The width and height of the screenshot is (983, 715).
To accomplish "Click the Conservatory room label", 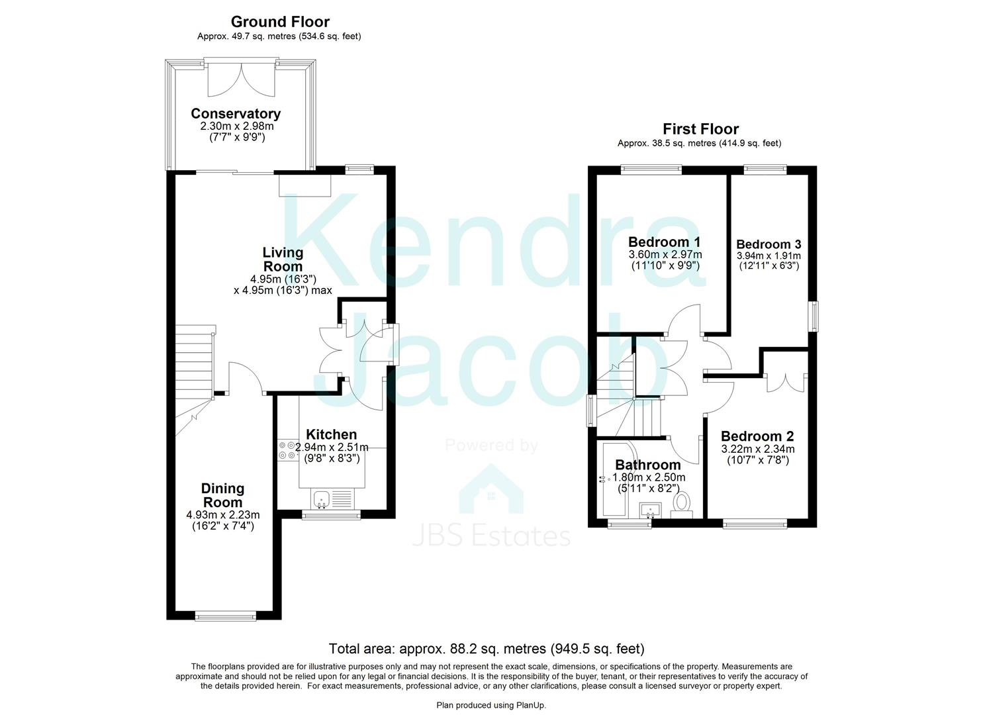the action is point(236,114).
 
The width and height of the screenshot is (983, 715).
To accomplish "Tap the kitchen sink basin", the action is point(321,499).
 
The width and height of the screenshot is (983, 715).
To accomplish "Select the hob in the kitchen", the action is point(288,450).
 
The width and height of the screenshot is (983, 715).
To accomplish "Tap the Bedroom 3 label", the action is point(769,244).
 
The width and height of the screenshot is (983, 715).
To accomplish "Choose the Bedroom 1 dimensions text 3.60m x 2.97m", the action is point(665,255).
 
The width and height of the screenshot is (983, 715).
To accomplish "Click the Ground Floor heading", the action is point(280,21).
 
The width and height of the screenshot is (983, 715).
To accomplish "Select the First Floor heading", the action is point(700,129).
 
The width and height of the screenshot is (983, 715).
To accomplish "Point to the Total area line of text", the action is point(487,648).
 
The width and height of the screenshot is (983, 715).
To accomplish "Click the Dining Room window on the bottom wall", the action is point(226,616).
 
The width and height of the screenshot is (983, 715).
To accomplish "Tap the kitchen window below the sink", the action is point(332,515).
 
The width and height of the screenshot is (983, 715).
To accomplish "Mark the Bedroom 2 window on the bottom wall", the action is point(755,524).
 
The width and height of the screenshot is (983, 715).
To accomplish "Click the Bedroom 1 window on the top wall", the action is point(651,169).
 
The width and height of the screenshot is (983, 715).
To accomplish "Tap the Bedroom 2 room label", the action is point(757,436).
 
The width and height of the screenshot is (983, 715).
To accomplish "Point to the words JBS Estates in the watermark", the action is point(491,536).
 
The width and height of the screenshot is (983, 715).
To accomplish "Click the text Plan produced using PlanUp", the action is point(491,705).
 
